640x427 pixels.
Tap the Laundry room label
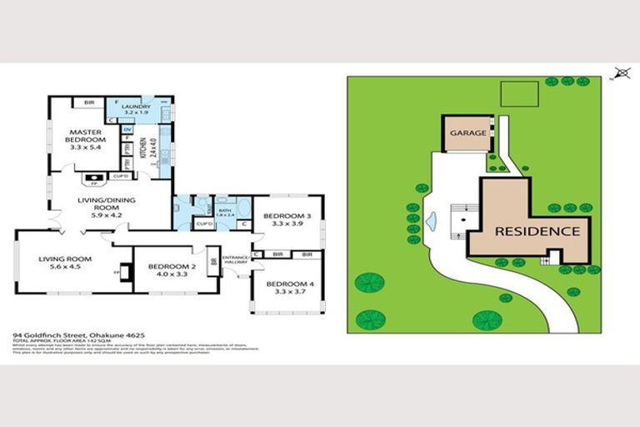[x=136, y=107]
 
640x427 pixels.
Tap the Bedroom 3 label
[x=285, y=216]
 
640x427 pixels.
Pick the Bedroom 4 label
[x=286, y=284]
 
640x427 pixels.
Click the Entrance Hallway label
[x=236, y=259]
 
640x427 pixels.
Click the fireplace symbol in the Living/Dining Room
[x=93, y=178]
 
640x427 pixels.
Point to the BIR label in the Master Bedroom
[x=88, y=103]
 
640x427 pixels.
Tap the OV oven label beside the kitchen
[x=127, y=130]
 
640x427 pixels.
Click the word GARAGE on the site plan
[x=467, y=133]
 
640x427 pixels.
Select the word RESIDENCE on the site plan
[x=537, y=231]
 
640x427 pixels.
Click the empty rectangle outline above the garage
[x=517, y=93]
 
